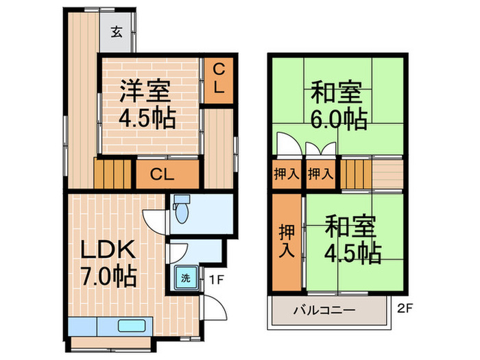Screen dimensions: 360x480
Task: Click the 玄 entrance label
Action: (118, 31)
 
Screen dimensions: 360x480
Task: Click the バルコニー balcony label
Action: (325, 310)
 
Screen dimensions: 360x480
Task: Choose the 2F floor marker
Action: (405, 309)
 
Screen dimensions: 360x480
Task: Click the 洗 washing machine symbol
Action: (185, 279)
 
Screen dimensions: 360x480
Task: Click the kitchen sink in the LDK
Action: (130, 326)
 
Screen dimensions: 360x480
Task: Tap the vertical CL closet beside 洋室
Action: (217, 80)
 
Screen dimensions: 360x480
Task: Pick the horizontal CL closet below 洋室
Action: (163, 174)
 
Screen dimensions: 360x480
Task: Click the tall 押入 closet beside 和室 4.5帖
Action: (286, 242)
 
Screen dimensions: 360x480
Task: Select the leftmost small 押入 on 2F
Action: (286, 174)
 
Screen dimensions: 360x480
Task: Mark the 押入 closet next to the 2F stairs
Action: (320, 174)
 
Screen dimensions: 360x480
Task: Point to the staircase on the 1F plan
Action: (112, 174)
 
